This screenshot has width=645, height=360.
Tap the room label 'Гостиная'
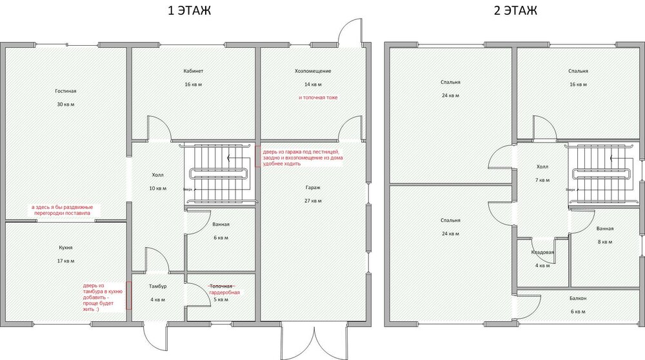pos(65,91)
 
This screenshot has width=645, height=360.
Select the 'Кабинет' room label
pos(193,71)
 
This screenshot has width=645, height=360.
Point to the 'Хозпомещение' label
pos(313,71)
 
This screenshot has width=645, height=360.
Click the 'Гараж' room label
pos(314,188)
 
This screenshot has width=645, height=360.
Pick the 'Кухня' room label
pos(64,247)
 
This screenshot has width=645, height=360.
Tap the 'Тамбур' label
pos(158,286)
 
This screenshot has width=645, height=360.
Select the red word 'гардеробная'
pos(224,292)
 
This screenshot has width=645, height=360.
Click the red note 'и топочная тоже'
pos(318,97)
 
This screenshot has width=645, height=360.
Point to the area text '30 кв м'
pos(65,105)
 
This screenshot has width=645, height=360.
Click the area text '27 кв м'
pos(314,201)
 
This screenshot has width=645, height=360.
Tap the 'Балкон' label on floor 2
pos(578,298)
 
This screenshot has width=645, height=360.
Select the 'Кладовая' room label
pos(542,252)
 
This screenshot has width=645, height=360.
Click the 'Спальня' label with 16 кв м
pos(578,71)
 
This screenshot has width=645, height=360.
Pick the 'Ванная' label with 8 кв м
pos(605,228)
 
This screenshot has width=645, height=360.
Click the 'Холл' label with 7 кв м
pos(542,166)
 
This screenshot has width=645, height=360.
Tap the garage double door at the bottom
pos(313,339)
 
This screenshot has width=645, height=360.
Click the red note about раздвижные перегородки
pos(62,210)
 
